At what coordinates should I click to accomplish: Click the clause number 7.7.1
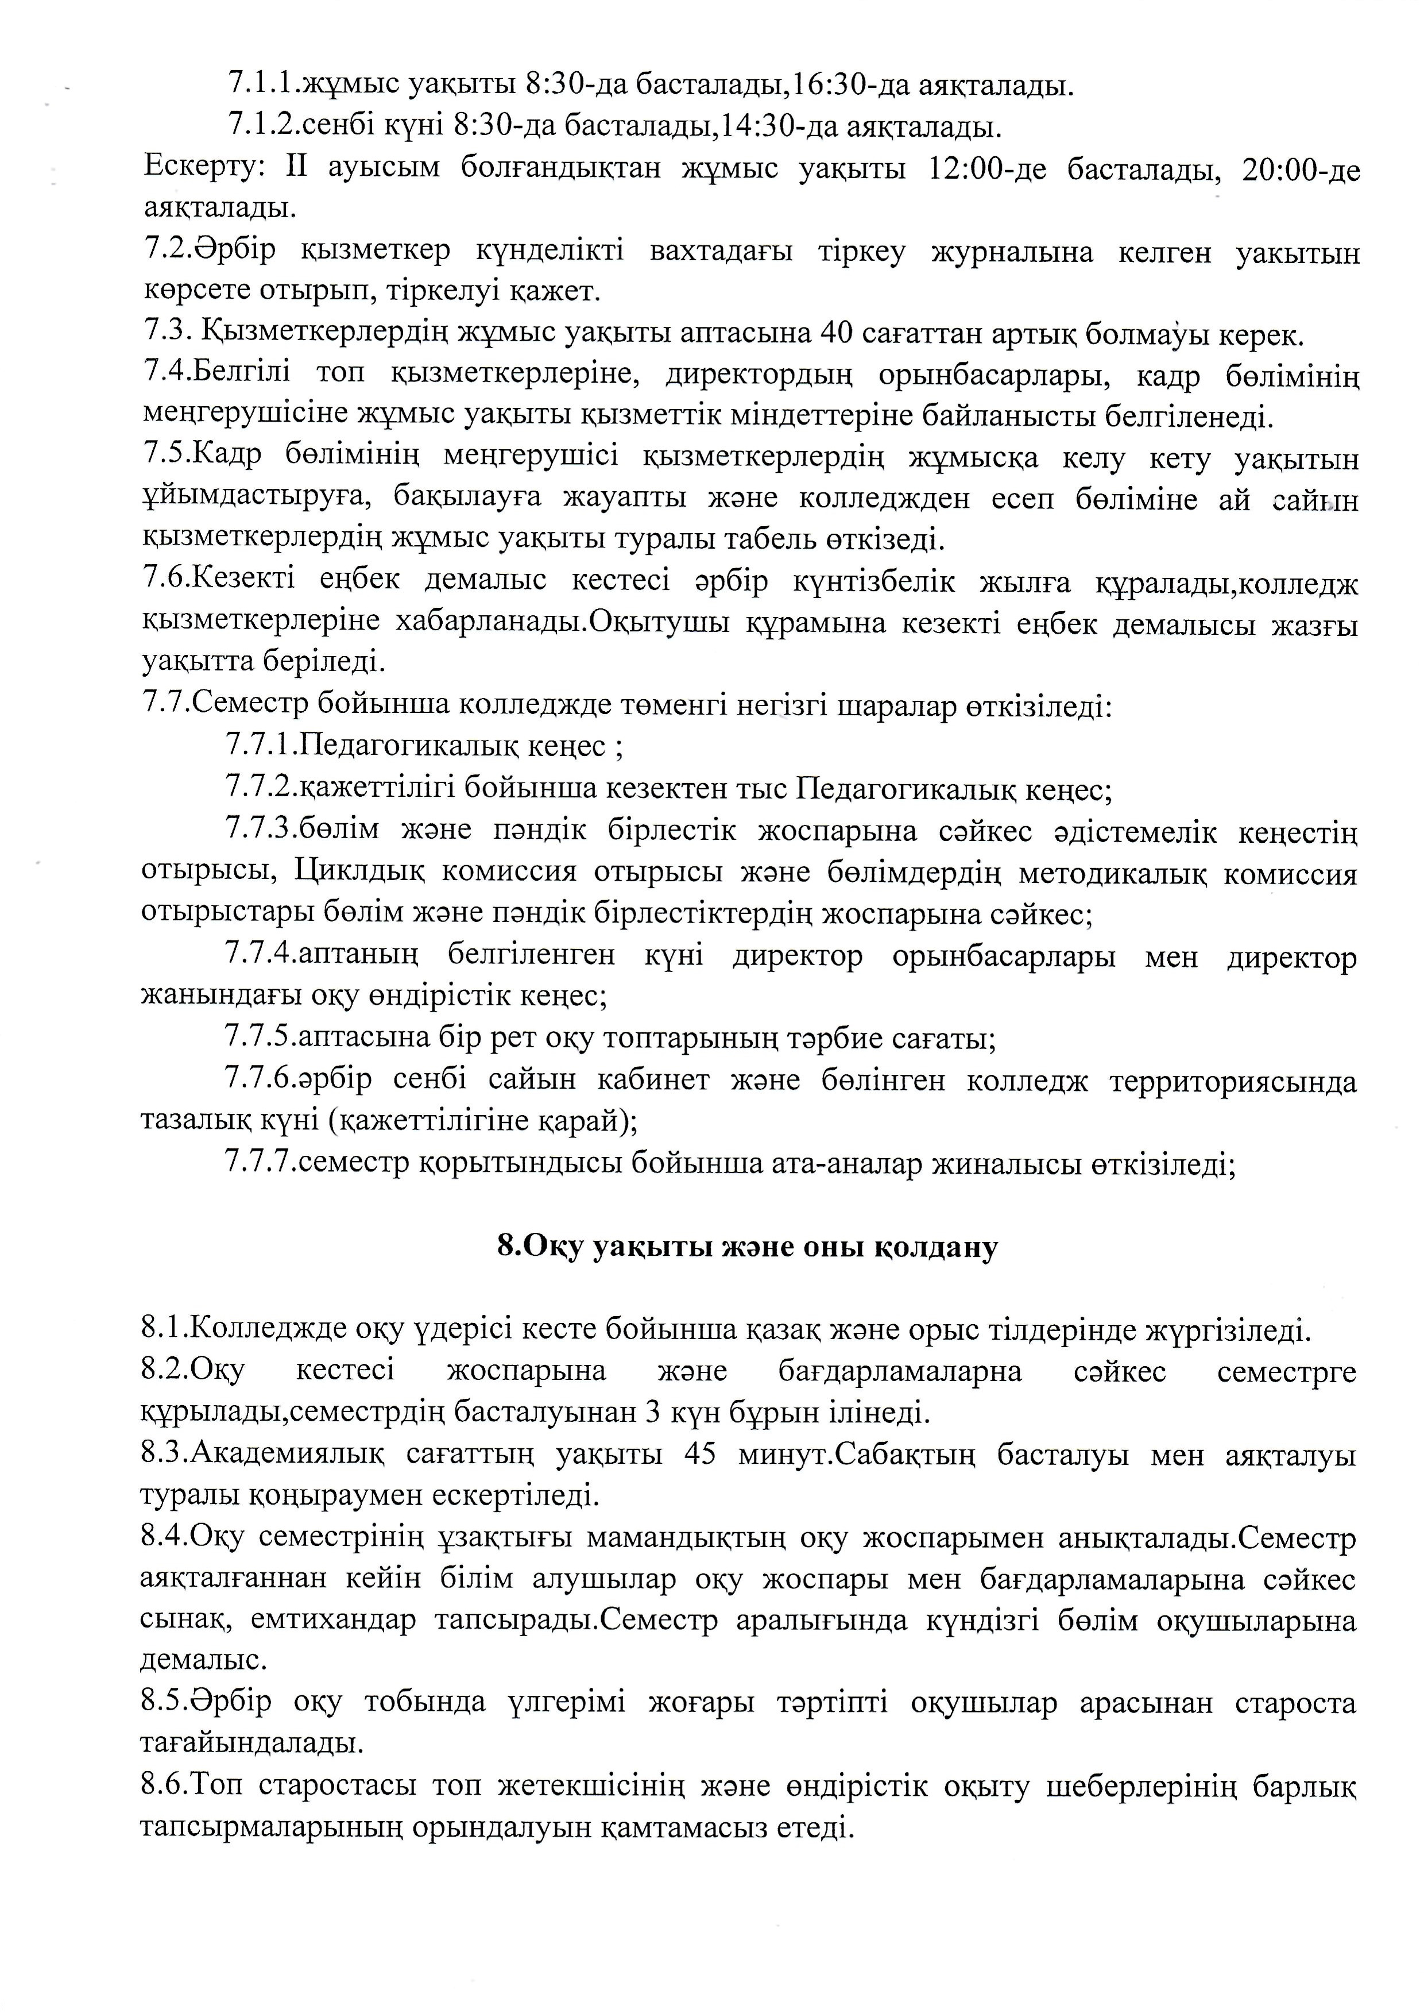(x=261, y=746)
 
